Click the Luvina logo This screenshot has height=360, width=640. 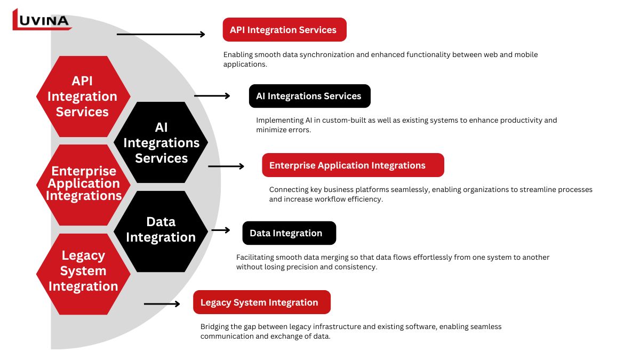(42, 20)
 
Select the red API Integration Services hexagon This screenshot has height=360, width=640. (83, 97)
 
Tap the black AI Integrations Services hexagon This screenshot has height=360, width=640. (161, 142)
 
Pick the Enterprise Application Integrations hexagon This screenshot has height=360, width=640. (83, 184)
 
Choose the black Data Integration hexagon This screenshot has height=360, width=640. (161, 230)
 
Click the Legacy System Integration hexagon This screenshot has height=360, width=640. (83, 271)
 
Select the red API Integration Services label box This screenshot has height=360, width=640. (284, 30)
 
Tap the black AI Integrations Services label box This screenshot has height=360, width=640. (309, 96)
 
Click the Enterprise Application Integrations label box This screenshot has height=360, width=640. (353, 165)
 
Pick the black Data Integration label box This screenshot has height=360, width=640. (289, 233)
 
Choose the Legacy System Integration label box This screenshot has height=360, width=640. (261, 302)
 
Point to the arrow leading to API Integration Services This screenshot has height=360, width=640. (161, 34)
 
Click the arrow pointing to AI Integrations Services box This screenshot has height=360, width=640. (212, 96)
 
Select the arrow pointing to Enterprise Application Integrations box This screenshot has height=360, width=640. (226, 166)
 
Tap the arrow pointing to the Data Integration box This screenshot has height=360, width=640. (221, 230)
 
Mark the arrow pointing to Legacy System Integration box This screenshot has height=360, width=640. (162, 304)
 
